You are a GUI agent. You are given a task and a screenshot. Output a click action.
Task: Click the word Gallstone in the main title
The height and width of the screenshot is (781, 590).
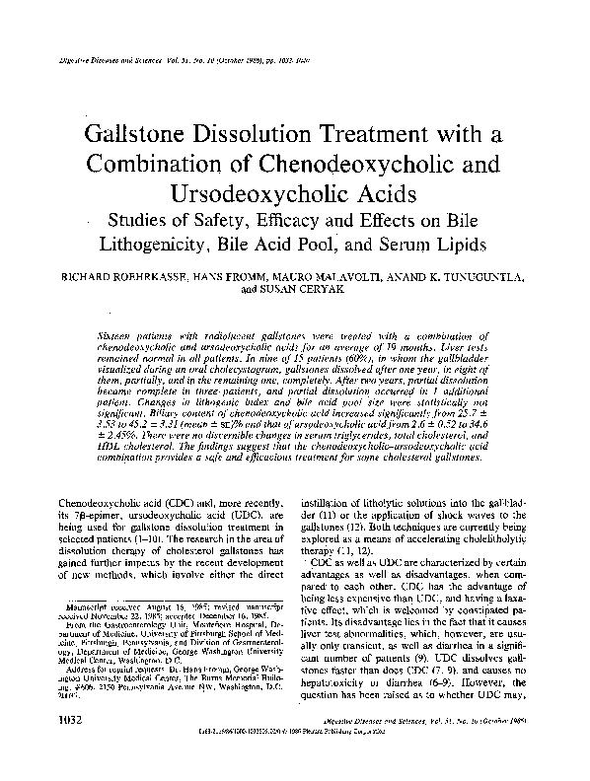[165, 132]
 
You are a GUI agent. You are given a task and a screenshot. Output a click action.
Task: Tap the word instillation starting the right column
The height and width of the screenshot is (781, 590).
[332, 503]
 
